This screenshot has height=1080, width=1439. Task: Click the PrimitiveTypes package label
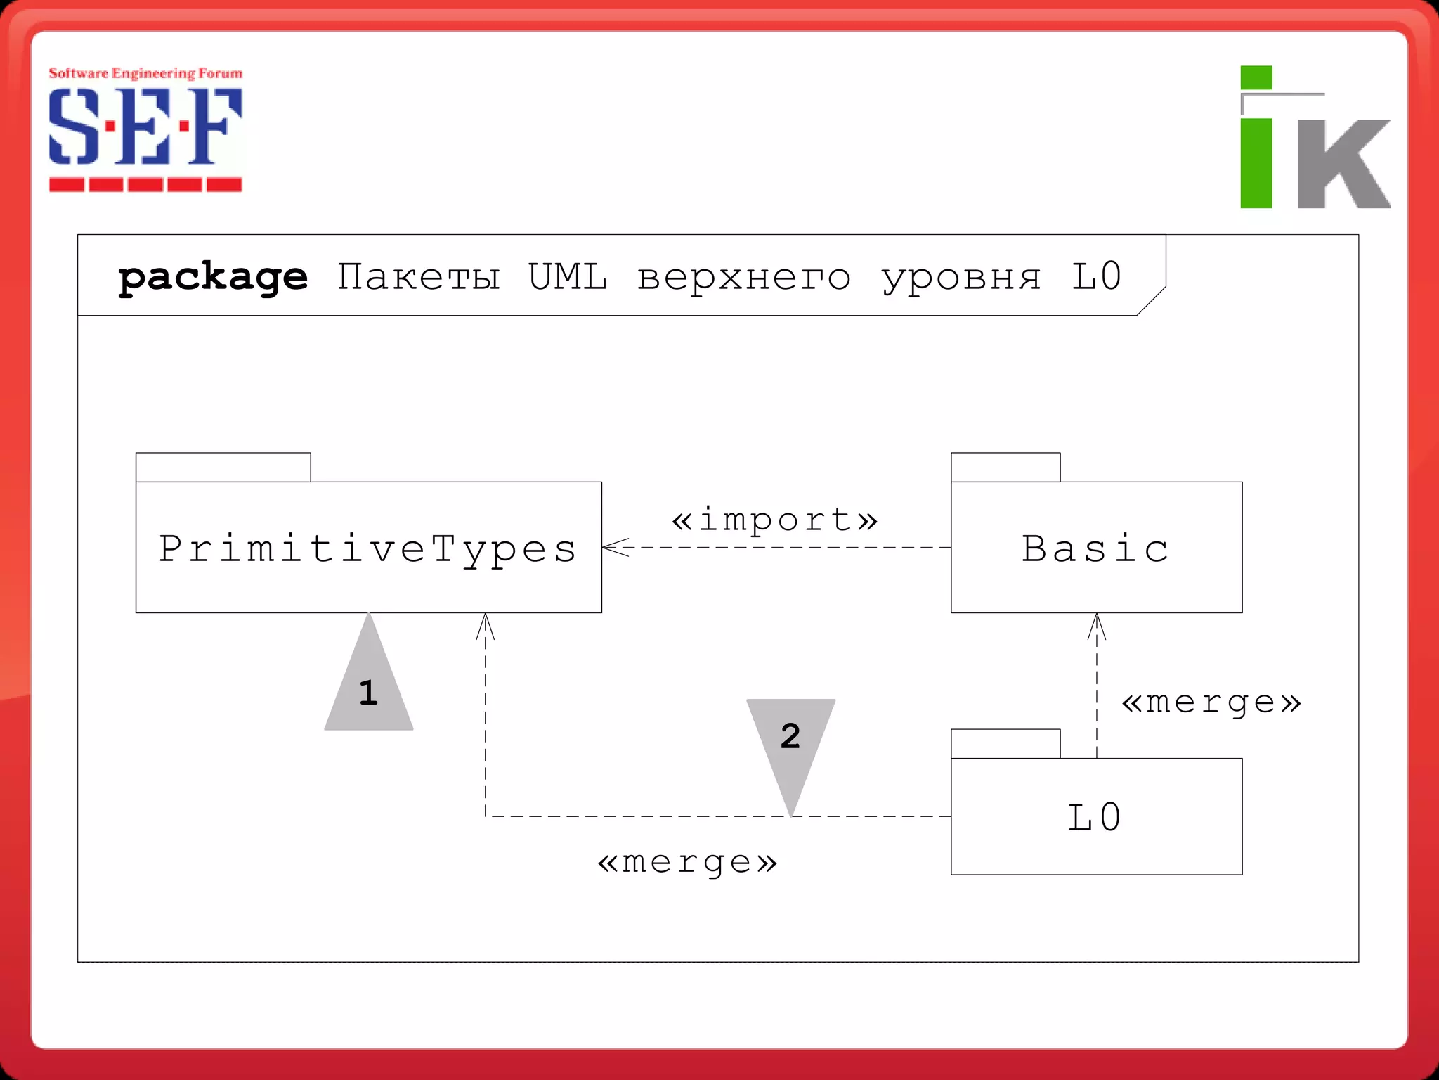pos(367,549)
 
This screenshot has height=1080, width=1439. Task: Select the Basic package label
pos(1095,548)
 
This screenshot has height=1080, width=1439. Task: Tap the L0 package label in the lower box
pos(1095,817)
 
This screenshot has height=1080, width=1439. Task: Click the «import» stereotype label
pos(774,520)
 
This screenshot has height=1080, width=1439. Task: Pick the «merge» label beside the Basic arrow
pos(1211,702)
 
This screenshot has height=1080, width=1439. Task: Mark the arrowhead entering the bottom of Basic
pos(1097,625)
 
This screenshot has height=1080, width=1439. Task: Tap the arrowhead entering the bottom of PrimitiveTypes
pos(486,625)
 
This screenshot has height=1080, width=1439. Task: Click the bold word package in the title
pos(213,277)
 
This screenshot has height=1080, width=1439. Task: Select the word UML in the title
pos(567,276)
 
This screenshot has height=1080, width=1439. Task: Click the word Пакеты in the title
pos(418,276)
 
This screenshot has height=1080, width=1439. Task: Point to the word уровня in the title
pos(961,278)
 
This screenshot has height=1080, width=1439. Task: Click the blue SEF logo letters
pos(145,127)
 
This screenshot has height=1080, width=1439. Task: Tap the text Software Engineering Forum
pos(145,73)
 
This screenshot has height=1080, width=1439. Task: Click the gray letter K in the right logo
pos(1343,163)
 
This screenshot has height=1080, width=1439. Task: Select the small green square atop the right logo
pos(1256,77)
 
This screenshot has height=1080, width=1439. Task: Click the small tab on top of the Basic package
pos(1005,468)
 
